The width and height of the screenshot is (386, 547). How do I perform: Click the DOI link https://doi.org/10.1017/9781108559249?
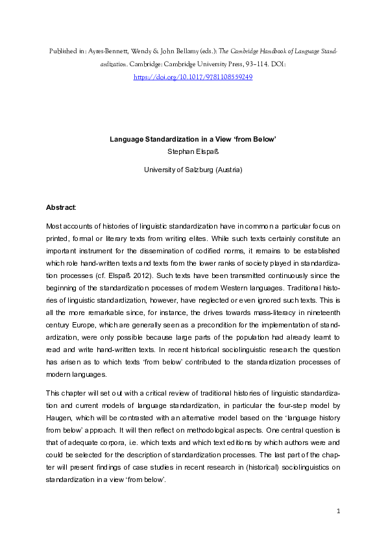[x=193, y=77]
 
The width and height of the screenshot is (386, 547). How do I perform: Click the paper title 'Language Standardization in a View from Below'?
[x=193, y=139]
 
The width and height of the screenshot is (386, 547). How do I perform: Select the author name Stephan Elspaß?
[x=193, y=151]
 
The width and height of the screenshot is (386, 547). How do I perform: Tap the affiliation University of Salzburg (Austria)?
[x=193, y=170]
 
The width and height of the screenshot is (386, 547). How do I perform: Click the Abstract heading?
[x=60, y=207]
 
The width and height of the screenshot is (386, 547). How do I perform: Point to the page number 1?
[x=339, y=513]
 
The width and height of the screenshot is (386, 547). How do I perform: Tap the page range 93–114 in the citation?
[x=265, y=65]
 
